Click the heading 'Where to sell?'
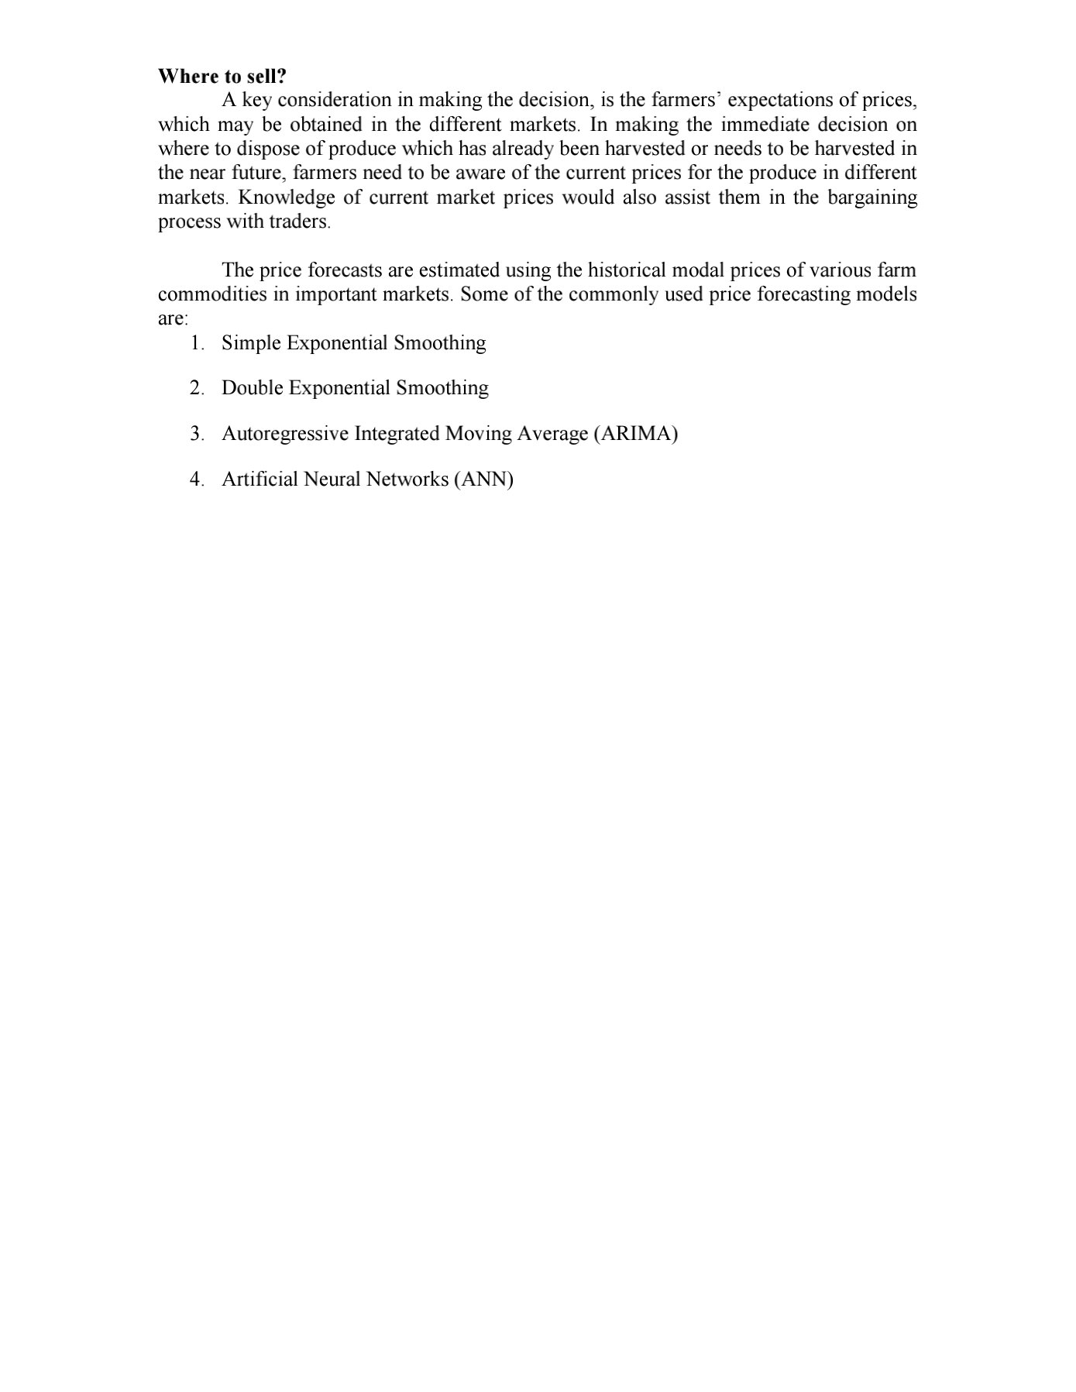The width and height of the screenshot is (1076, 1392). [x=222, y=76]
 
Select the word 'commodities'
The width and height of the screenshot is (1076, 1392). [x=212, y=294]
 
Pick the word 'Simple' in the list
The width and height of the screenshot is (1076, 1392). [x=251, y=343]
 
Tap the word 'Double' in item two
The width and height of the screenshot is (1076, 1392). [x=252, y=388]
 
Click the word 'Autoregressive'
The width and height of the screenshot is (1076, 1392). [x=285, y=434]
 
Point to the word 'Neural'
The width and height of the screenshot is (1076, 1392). [x=332, y=479]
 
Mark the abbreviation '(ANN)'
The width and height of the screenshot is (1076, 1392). [x=483, y=479]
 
